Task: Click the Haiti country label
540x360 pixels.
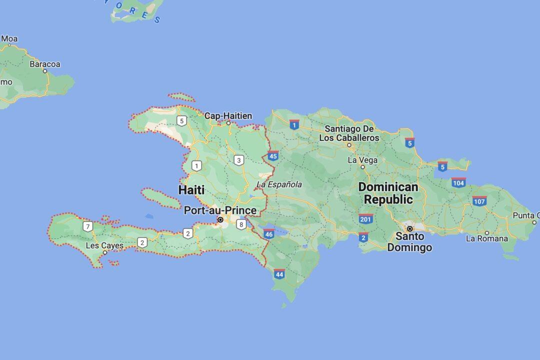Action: pos(191,190)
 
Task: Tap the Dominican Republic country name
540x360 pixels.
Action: pos(388,193)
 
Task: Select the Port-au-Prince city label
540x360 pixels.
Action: pos(220,210)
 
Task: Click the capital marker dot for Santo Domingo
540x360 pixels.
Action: pos(409,228)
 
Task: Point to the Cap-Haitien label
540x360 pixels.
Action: pos(228,115)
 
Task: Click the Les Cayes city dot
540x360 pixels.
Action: pos(105,252)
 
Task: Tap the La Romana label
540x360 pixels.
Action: pos(486,238)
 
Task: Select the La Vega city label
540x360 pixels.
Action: pos(362,160)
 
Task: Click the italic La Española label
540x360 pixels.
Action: pos(279,184)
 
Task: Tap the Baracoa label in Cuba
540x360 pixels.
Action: pos(44,64)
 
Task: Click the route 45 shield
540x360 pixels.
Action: pos(273,155)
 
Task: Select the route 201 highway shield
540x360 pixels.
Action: pos(365,218)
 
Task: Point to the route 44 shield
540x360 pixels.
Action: pos(279,273)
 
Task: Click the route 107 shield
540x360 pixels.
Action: pos(479,201)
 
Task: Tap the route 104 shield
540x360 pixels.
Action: pos(458,182)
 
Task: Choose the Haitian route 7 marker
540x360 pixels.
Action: pos(88,226)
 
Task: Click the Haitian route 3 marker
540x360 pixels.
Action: pos(239,160)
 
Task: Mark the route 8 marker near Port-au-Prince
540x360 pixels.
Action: pos(241,224)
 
